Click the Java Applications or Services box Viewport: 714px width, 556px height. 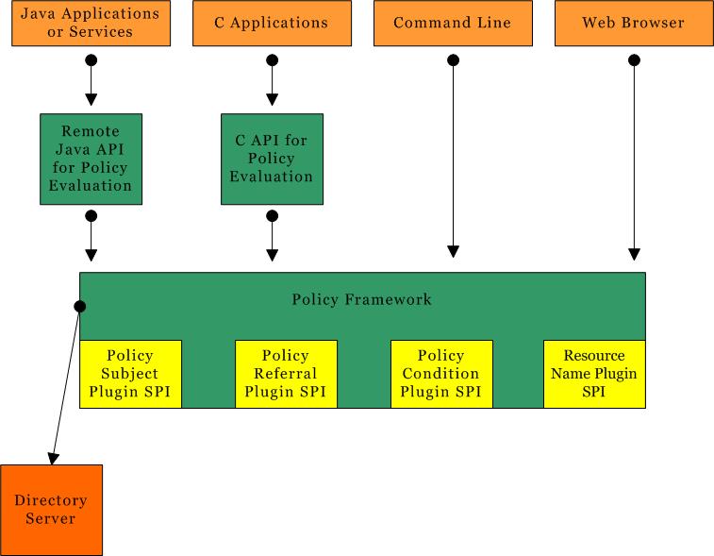(91, 24)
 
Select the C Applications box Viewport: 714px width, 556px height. (272, 24)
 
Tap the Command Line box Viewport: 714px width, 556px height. (453, 24)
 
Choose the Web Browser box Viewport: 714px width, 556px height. (634, 24)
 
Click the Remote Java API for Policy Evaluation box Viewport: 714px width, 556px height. (91, 159)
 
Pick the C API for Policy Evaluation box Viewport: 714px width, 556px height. (272, 159)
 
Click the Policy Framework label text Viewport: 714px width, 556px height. (361, 299)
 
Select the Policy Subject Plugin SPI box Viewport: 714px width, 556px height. (130, 374)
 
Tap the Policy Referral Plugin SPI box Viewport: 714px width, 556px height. (286, 374)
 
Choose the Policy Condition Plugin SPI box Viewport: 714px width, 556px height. (441, 374)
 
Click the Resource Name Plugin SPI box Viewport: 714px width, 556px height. (594, 374)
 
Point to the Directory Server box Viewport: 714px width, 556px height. (51, 510)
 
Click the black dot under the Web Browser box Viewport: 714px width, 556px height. (634, 60)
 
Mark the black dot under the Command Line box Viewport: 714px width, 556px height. (453, 60)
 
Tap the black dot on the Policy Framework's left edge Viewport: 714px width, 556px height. (80, 306)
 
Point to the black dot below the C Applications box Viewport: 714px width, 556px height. (272, 60)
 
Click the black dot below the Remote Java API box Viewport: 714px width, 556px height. (91, 216)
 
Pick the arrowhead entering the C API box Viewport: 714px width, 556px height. (272, 100)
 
